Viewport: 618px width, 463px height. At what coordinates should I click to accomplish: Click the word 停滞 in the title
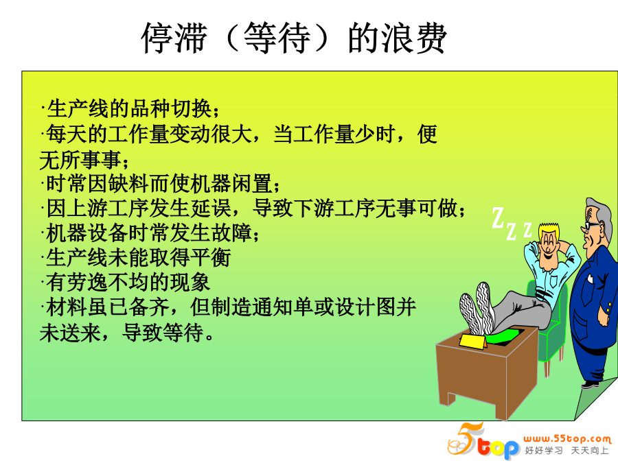click(x=174, y=38)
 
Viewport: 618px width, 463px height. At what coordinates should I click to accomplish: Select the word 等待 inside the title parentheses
click(x=277, y=38)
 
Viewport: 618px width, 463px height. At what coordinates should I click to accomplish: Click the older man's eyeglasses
click(x=591, y=226)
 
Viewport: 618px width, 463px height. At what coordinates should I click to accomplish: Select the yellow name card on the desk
click(x=473, y=342)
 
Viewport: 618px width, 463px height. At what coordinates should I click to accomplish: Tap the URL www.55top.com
click(x=567, y=438)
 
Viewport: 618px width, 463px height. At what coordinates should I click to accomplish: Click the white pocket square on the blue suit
click(x=590, y=278)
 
